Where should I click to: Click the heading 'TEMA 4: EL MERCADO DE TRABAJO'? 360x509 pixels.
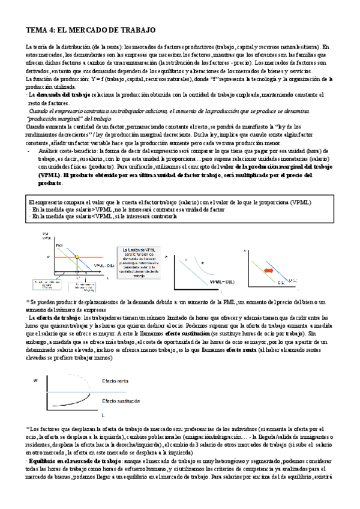point(91,29)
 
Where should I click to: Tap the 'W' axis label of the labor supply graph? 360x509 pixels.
point(35,381)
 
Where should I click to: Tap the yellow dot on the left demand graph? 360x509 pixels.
point(77,256)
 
